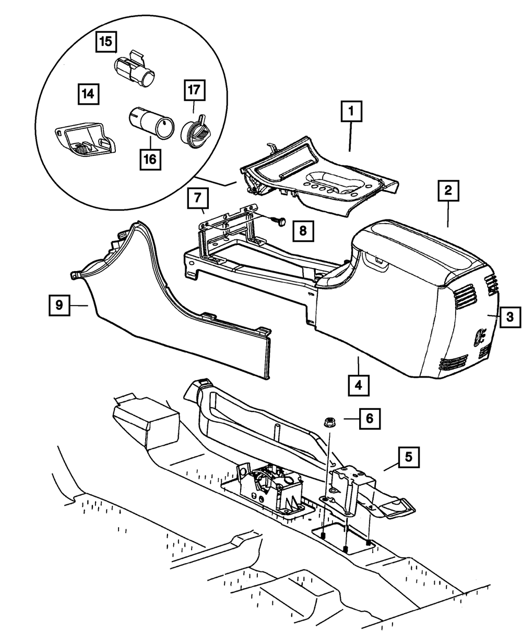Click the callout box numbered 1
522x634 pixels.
351,112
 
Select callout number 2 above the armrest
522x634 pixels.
448,191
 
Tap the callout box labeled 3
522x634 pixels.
510,315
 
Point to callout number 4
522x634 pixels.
359,386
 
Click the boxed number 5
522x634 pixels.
409,457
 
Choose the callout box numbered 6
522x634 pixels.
369,418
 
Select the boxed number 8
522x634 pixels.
303,230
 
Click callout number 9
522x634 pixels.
60,305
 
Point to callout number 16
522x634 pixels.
150,159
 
